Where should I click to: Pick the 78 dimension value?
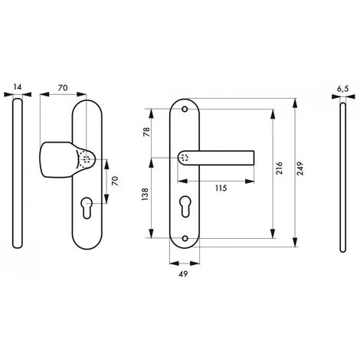coord(146,132)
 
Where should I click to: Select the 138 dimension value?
coord(146,198)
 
